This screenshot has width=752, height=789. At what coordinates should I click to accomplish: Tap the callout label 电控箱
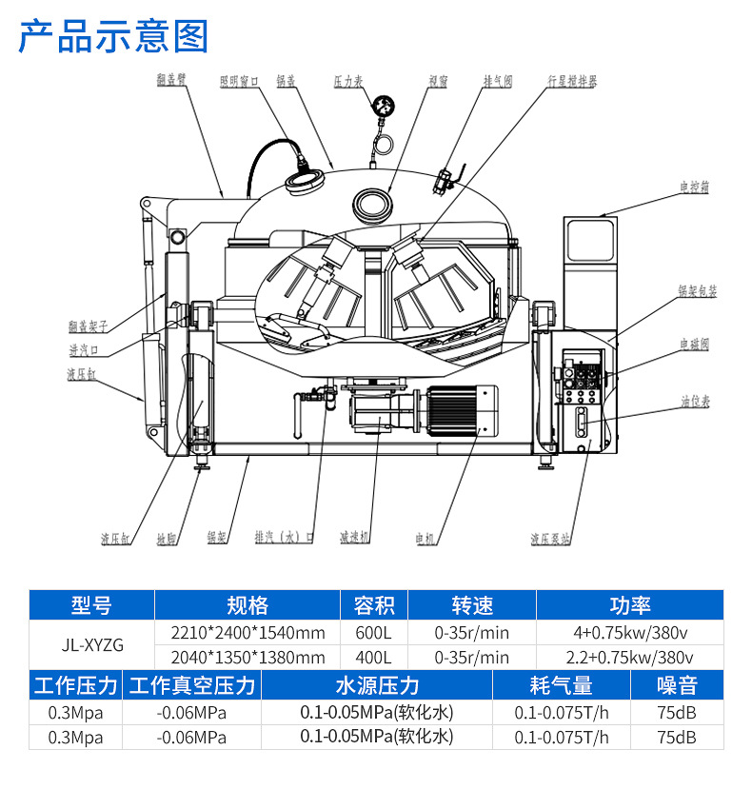[694, 188]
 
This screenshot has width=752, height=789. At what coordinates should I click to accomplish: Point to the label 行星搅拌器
[572, 83]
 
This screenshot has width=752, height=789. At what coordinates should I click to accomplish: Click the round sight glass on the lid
[373, 203]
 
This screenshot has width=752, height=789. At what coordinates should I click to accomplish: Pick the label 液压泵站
[550, 539]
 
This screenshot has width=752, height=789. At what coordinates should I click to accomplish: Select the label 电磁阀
[694, 345]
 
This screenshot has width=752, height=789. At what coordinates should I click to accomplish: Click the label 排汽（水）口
[285, 538]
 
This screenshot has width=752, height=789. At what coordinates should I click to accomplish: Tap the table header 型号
[90, 605]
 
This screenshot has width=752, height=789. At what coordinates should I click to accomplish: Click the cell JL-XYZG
[90, 644]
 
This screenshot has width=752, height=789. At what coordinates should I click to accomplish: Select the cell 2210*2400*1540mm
[247, 632]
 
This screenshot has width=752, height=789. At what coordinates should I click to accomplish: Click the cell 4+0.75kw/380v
[629, 632]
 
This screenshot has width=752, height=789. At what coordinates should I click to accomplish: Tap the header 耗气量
[561, 685]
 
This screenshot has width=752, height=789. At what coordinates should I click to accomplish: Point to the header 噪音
[677, 685]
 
